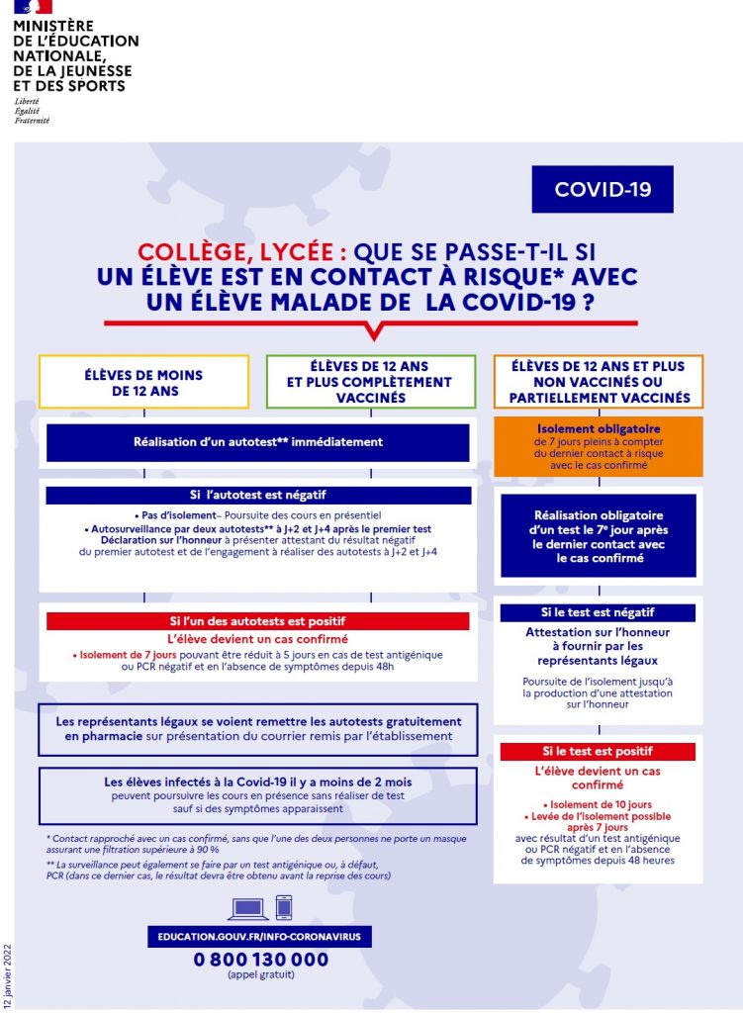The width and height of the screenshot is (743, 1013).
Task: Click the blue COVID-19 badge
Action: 603,189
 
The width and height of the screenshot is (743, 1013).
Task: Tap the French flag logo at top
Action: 29,8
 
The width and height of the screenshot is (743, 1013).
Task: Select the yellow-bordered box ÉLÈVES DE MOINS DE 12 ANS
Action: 143,382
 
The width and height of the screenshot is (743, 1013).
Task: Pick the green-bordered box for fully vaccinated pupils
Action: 371,382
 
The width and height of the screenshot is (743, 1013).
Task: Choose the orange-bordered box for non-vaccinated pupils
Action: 599,382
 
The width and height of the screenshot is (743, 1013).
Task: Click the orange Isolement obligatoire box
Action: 599,444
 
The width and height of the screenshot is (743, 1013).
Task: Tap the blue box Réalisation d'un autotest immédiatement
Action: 257,442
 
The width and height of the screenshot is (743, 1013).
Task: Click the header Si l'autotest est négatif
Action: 257,495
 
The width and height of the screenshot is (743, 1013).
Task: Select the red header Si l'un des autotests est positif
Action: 257,621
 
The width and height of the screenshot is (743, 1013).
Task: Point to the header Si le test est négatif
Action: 598,612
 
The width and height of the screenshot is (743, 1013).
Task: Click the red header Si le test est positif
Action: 598,752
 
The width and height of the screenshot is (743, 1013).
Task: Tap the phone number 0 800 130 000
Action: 261,959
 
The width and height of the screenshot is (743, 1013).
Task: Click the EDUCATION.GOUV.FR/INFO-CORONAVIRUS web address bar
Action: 261,936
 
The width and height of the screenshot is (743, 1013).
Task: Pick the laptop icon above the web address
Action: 247,908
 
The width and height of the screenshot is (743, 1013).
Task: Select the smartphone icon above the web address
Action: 284,907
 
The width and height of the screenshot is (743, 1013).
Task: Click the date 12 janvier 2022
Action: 8,973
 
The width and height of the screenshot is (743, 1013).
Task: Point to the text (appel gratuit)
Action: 261,975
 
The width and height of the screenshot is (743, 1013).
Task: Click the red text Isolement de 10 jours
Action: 598,803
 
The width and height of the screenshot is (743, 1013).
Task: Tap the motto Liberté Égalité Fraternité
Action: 32,112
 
